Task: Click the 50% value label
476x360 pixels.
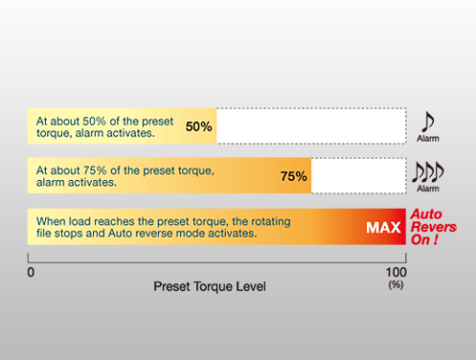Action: [x=198, y=126]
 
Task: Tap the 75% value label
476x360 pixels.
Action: [x=294, y=176]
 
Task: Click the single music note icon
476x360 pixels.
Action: [x=428, y=122]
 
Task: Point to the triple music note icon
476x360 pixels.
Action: [x=428, y=171]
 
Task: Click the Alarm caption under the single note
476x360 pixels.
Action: [x=428, y=139]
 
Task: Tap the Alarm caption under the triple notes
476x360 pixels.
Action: [x=428, y=189]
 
